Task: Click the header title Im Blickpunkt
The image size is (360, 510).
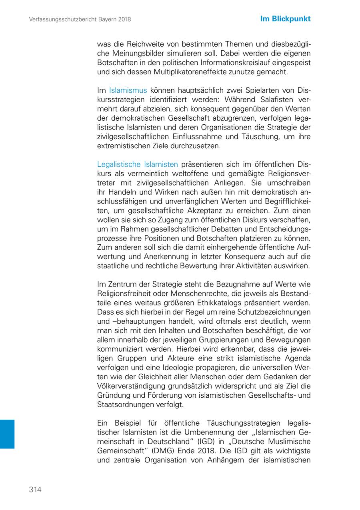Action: [x=285, y=19]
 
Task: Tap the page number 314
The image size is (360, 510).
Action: [x=35, y=490]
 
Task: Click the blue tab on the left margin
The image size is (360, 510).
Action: [x=7, y=434]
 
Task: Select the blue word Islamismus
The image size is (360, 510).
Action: [x=128, y=90]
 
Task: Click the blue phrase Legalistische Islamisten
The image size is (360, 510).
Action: [x=138, y=164]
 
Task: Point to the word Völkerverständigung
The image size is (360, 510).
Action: [x=130, y=386]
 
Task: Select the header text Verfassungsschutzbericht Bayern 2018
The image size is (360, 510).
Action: [x=80, y=19]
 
